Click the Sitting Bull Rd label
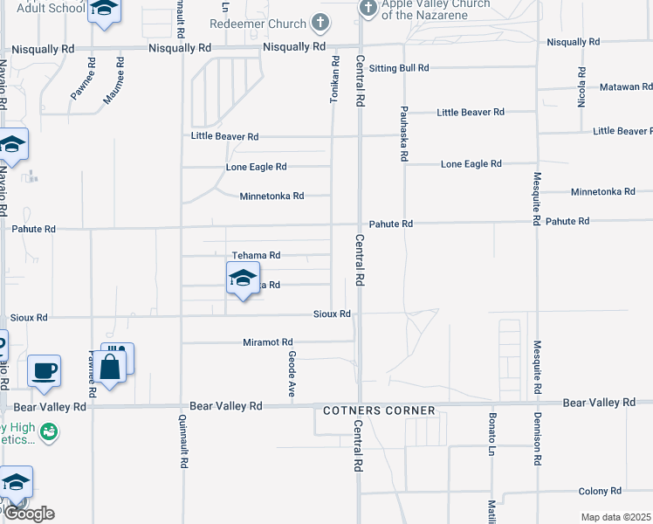click(399, 68)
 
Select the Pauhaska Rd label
click(404, 134)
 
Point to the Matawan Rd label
click(626, 87)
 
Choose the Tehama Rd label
click(256, 256)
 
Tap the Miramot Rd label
click(268, 342)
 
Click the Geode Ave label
click(291, 373)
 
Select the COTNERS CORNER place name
click(379, 410)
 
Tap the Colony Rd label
click(603, 492)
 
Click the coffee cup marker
click(44, 370)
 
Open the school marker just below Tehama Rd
click(243, 280)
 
